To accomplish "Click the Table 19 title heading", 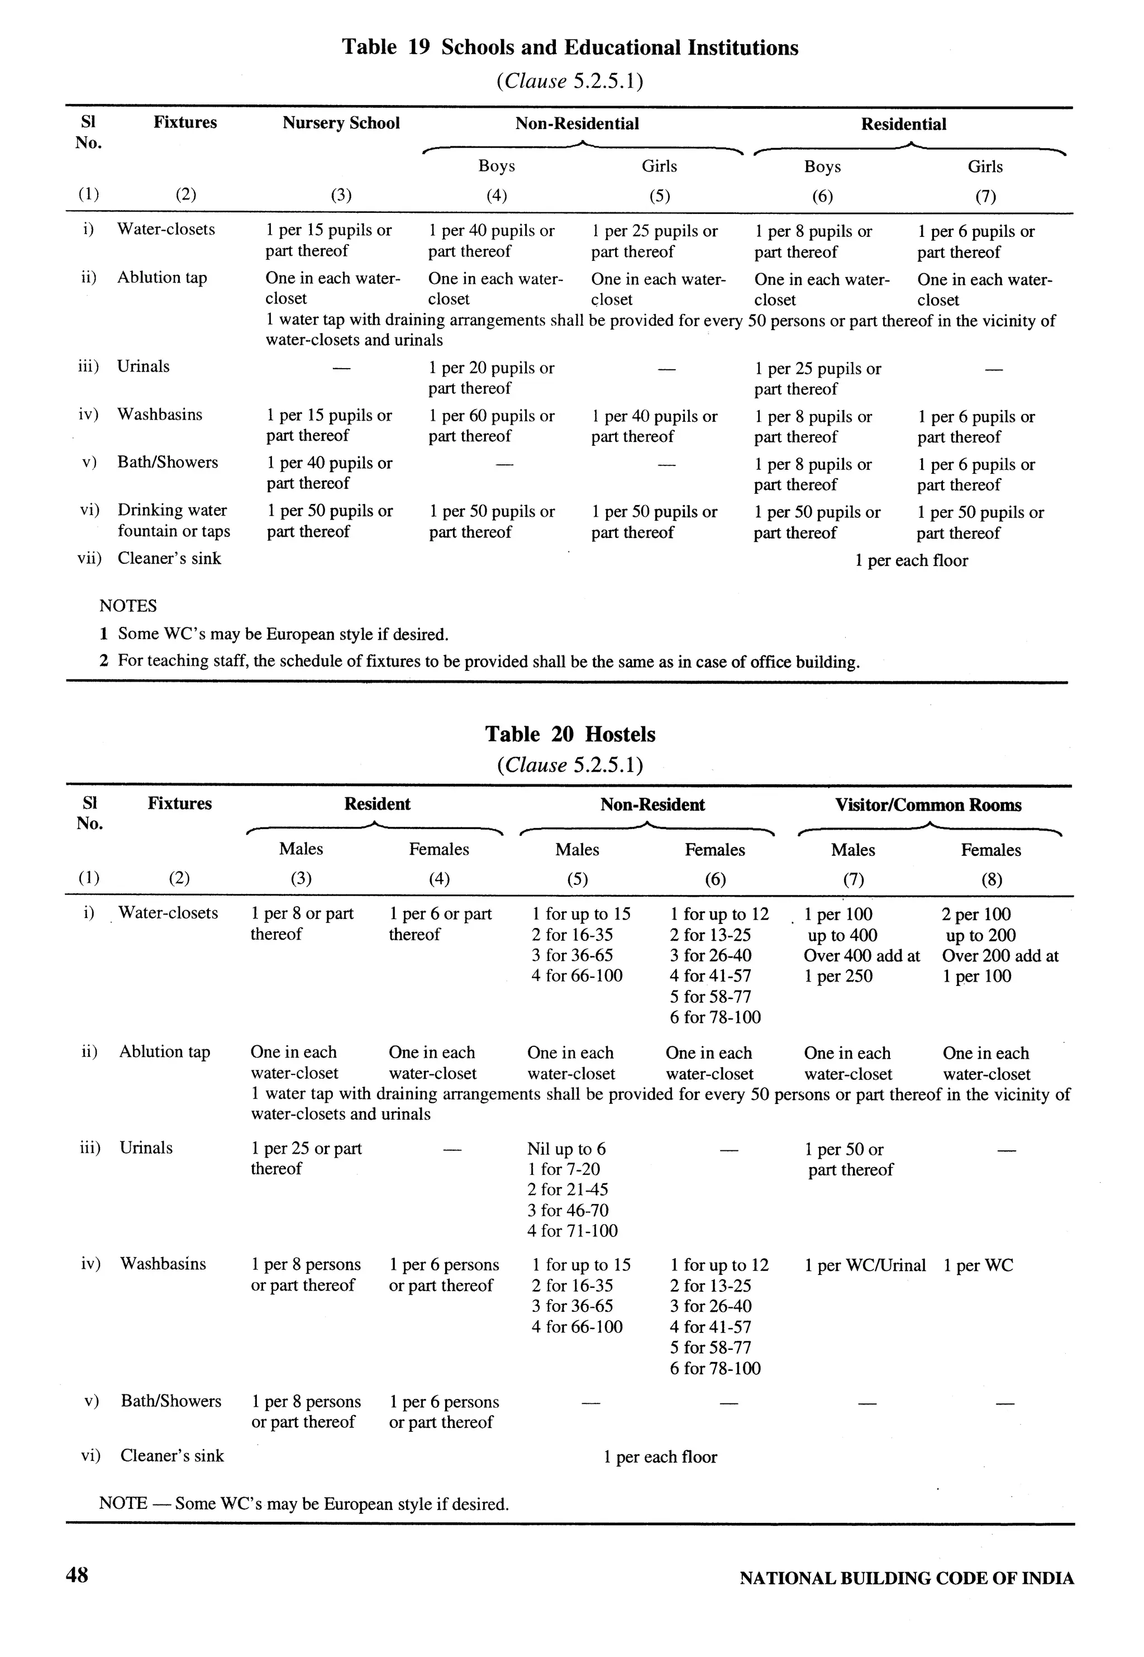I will tap(570, 47).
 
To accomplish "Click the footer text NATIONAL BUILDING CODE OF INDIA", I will tap(906, 1578).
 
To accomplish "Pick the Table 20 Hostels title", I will tap(570, 734).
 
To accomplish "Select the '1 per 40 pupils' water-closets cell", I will tap(491, 241).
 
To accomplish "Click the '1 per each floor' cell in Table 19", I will tap(911, 560).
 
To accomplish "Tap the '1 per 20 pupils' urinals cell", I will tap(491, 378).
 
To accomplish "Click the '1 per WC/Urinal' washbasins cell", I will tap(865, 1265).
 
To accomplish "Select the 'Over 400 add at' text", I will tap(861, 955).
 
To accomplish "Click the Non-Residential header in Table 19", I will tap(577, 124).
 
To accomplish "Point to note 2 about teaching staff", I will tap(479, 661).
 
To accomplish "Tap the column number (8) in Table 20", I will tap(992, 879).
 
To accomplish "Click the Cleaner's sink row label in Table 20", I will tap(172, 1456).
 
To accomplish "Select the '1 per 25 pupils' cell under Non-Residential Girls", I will tap(654, 241).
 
